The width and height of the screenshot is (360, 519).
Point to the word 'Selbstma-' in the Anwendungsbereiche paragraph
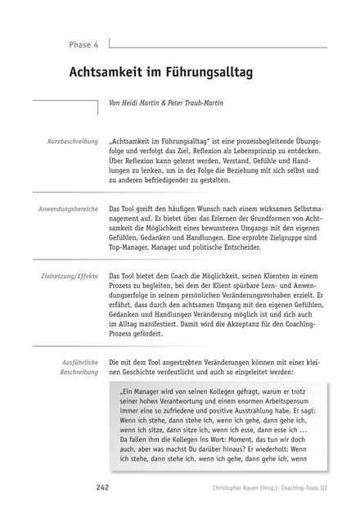(308, 210)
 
